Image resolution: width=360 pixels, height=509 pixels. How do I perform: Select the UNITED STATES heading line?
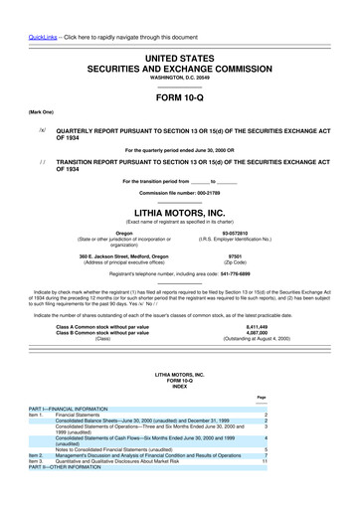click(x=179, y=60)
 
